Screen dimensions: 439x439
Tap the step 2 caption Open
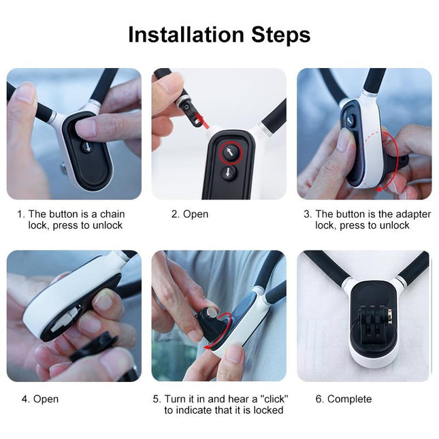196,214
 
